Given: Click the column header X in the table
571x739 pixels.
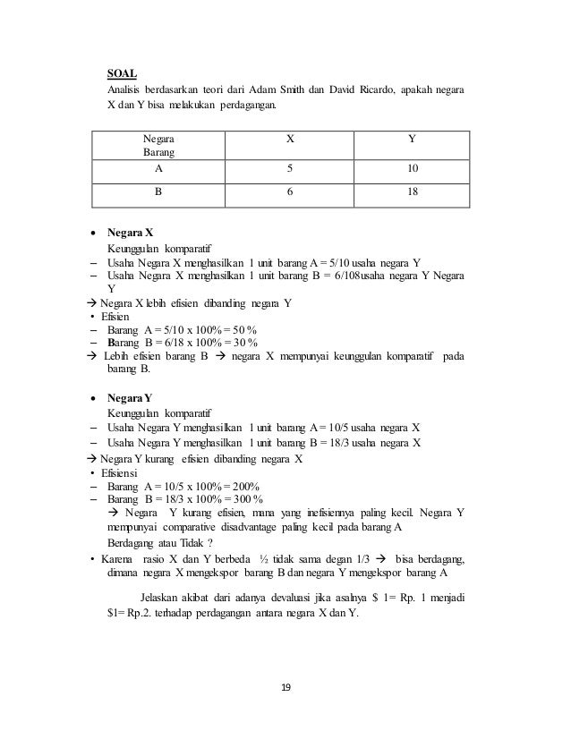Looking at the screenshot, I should tap(288, 140).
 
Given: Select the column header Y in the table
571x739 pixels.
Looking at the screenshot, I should tap(411, 140).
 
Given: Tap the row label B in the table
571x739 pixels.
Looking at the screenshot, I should tap(158, 191).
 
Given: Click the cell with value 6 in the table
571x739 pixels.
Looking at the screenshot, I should tap(288, 191).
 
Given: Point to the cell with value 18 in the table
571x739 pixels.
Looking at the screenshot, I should tap(411, 191).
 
